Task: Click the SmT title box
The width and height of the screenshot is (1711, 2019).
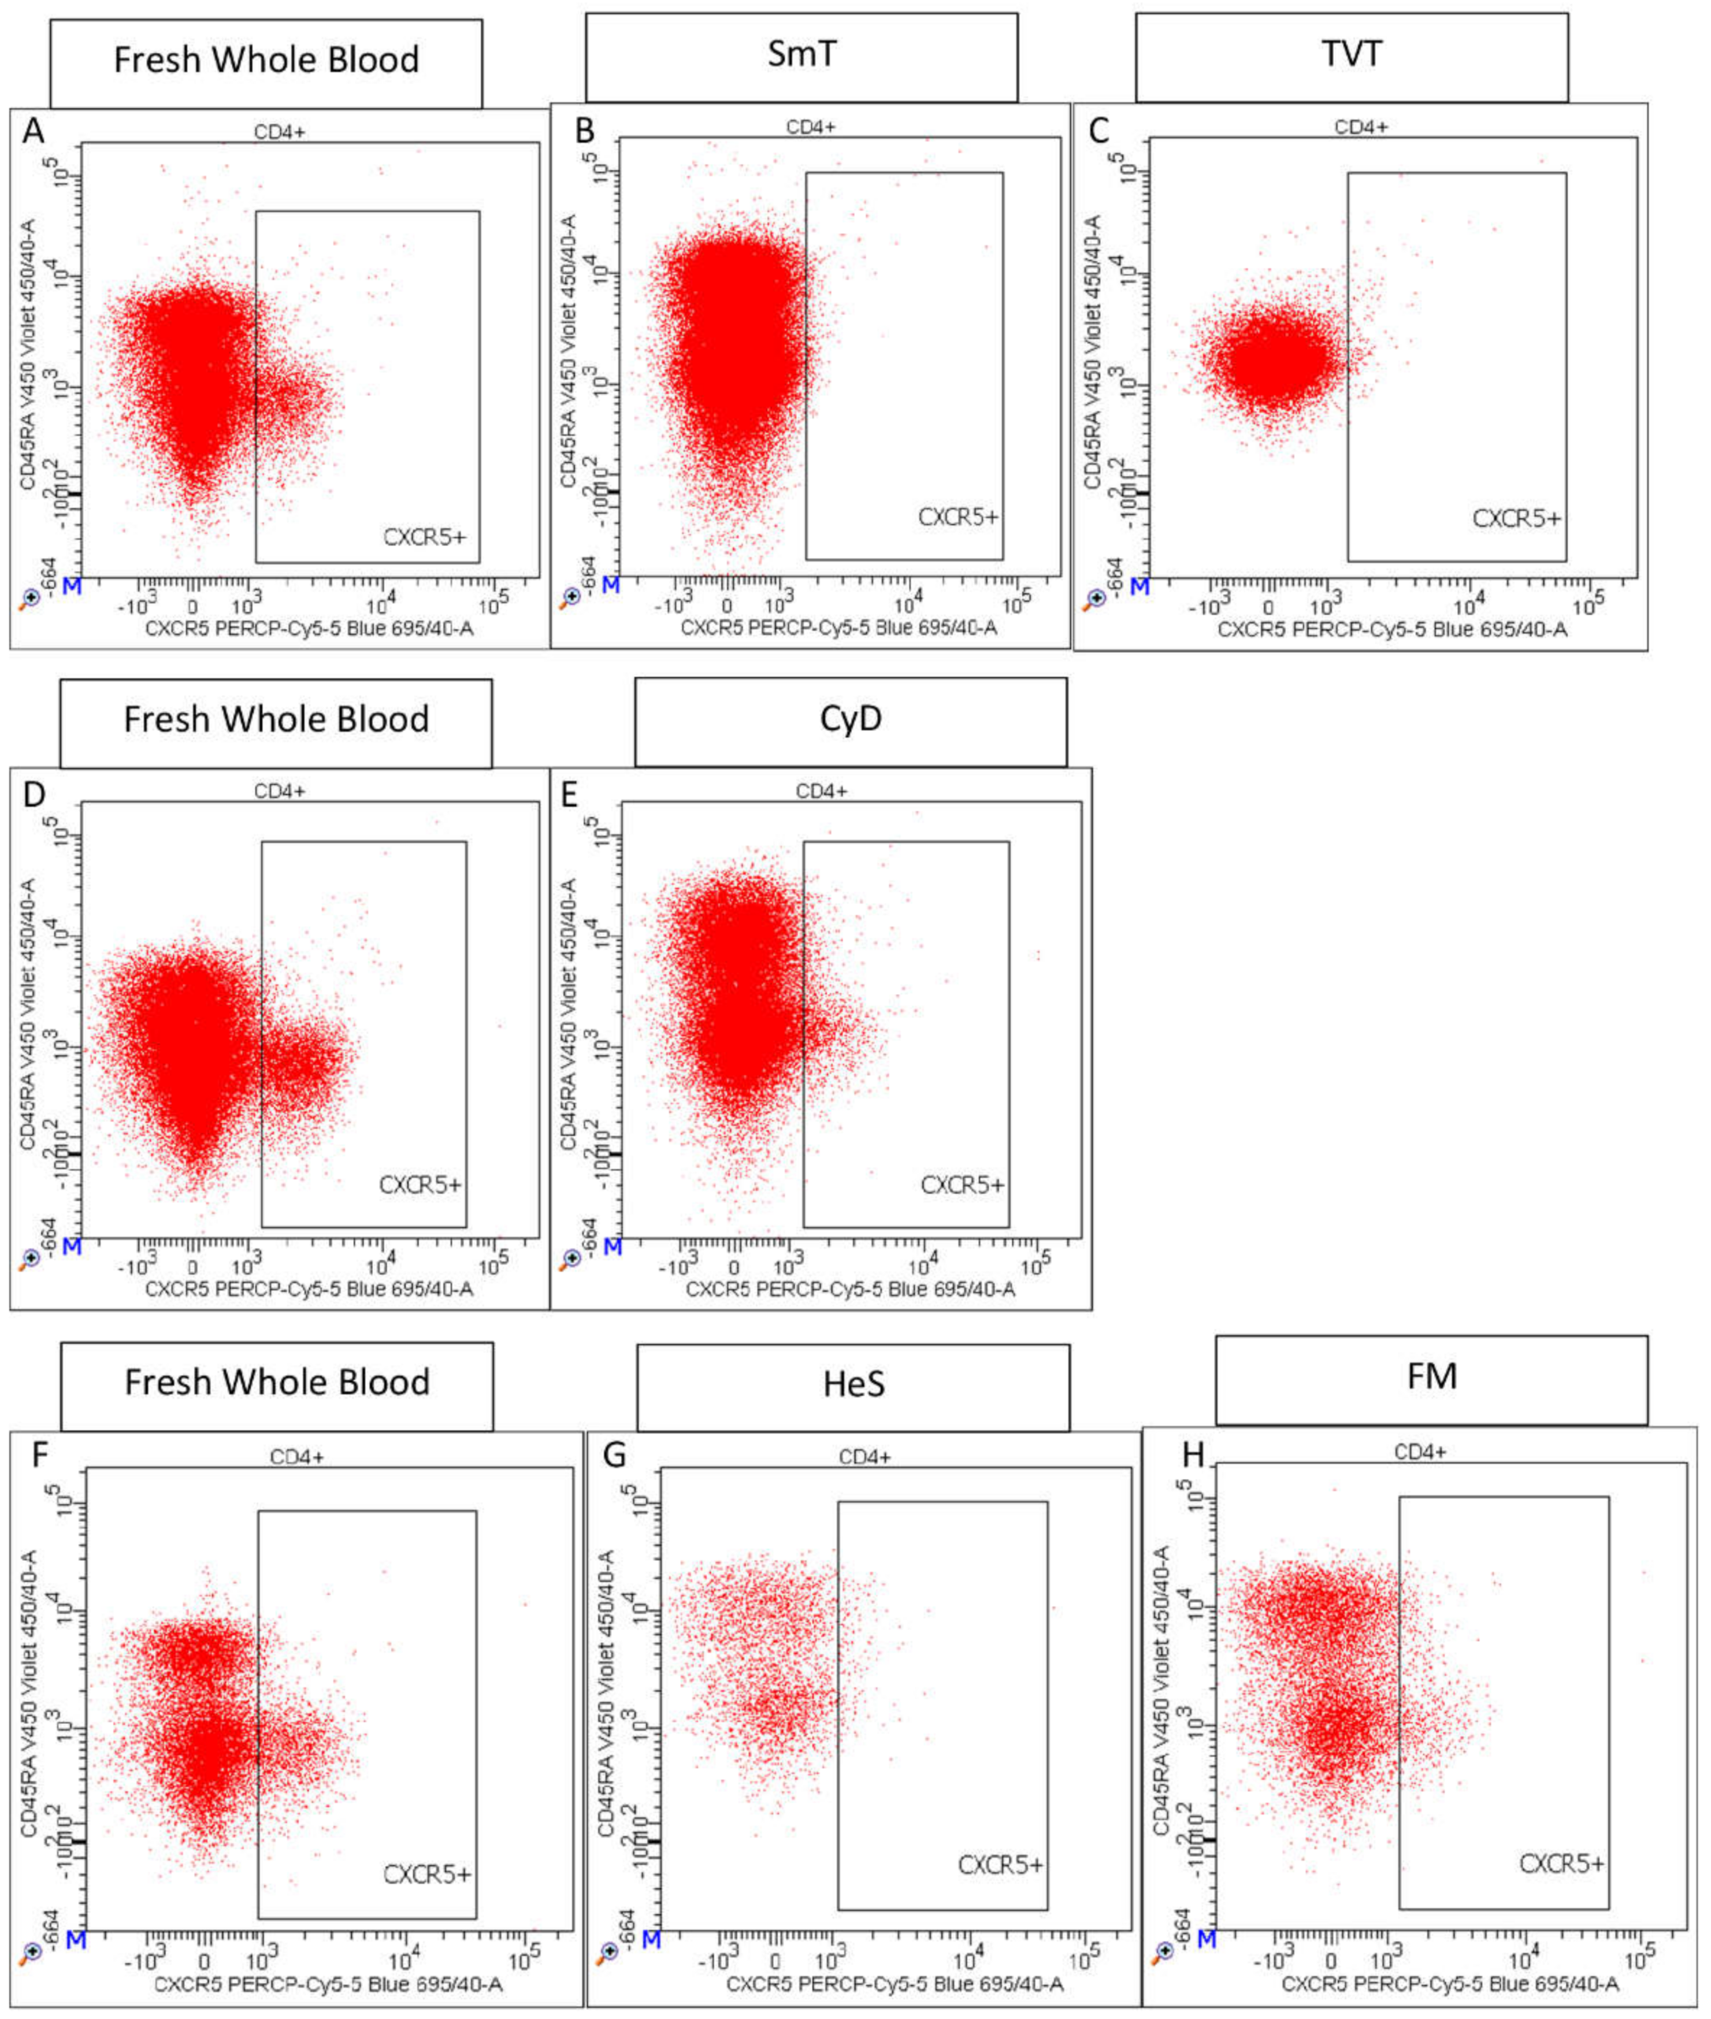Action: tap(801, 55)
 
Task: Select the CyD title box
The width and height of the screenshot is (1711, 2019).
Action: tap(851, 721)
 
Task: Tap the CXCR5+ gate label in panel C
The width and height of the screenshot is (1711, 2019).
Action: tap(1516, 519)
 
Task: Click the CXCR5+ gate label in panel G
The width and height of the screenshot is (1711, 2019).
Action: tap(1000, 1865)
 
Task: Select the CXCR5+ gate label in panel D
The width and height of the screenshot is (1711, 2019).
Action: tap(420, 1185)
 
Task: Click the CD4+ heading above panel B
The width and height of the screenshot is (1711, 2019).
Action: tap(811, 127)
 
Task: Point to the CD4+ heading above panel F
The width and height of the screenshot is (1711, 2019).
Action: tap(296, 1457)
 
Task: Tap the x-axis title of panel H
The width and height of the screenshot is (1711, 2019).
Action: tap(1449, 1985)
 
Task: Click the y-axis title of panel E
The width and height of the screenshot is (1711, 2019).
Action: tap(569, 1014)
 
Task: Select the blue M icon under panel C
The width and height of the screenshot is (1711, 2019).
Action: tap(1141, 587)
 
